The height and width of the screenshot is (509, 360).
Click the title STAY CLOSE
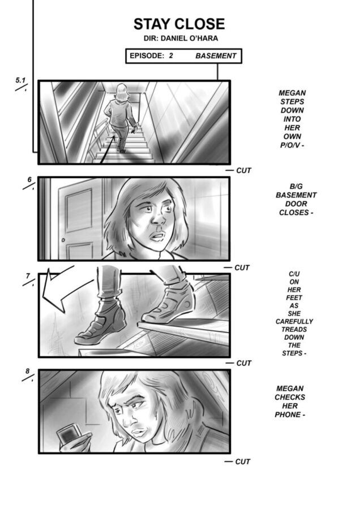tap(179, 24)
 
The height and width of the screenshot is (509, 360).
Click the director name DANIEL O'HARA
tap(190, 38)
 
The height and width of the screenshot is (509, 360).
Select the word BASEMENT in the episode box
tap(216, 56)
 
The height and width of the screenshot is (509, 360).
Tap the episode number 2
tap(171, 55)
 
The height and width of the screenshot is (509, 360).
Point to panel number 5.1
tap(20, 80)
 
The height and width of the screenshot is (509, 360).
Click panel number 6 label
tap(29, 179)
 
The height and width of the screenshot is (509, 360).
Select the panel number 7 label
tap(28, 276)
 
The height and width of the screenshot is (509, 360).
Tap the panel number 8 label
tap(28, 371)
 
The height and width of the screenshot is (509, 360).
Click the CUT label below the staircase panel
tap(243, 170)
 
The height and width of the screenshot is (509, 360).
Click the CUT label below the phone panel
tap(243, 461)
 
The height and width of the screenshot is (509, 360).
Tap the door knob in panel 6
tap(63, 240)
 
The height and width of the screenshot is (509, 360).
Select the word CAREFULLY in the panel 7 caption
tap(294, 322)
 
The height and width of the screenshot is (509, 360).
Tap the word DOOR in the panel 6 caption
tap(296, 204)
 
